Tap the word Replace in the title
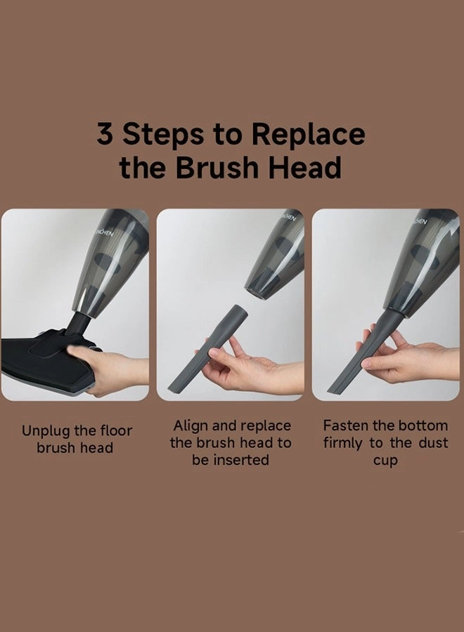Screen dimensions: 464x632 tap(309, 135)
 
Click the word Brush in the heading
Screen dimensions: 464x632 tap(218, 167)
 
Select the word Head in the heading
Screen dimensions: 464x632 tap(305, 167)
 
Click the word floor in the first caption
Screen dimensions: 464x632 tap(116, 430)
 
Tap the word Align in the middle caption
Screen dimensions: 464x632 tap(191, 426)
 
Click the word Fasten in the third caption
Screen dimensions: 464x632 tap(346, 426)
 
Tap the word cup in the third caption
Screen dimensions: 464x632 tap(385, 461)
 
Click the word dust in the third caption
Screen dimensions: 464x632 tap(433, 442)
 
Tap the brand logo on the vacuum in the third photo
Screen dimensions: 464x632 tap(420, 221)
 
